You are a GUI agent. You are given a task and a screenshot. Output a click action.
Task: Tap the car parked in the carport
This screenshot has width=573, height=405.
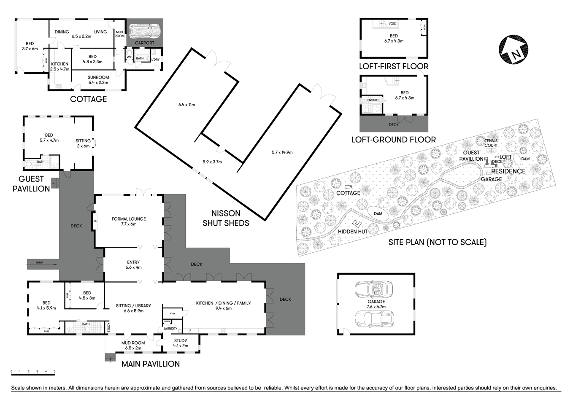coord(144,31)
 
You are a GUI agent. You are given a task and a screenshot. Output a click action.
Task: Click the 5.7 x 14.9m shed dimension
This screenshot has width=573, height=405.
coord(282,152)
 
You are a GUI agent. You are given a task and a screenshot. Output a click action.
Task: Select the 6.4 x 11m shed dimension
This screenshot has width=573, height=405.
coord(186,105)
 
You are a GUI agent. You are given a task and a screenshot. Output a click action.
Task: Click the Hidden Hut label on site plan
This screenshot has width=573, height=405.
coord(352,231)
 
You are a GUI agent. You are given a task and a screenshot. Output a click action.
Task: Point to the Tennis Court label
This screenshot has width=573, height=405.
coord(491,143)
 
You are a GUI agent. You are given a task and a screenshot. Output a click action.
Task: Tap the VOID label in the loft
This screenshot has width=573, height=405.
coord(392,24)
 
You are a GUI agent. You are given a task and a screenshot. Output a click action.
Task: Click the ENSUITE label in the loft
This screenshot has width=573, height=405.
coord(373,100)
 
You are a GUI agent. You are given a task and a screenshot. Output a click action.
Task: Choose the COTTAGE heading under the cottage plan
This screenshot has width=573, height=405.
coord(88,99)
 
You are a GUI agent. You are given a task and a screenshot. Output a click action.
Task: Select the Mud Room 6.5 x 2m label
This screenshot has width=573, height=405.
coord(133,346)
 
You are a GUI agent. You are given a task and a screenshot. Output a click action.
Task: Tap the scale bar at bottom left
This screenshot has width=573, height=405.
coord(33,372)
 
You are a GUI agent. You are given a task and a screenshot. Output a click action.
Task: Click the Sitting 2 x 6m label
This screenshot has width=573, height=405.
coord(83,143)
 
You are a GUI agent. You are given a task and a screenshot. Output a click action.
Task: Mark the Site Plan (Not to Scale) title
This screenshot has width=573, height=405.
coord(438,242)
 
